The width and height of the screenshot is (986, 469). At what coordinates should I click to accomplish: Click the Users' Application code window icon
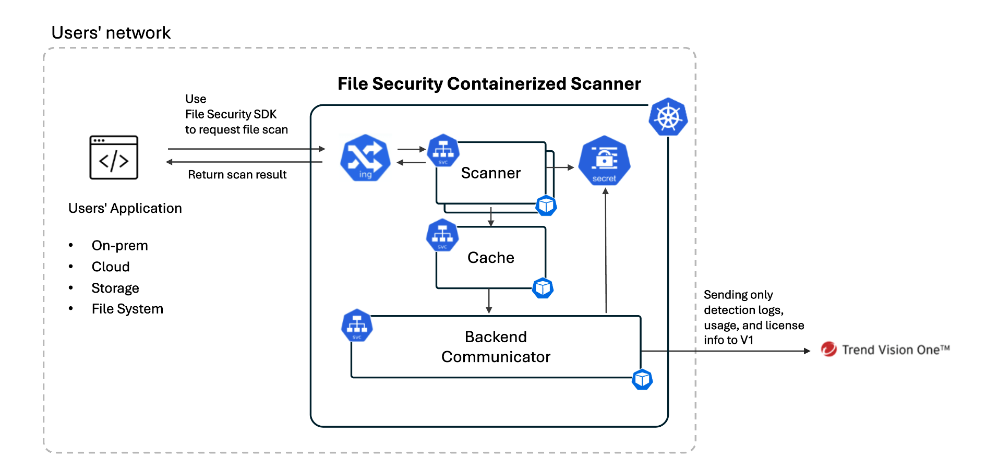(114, 158)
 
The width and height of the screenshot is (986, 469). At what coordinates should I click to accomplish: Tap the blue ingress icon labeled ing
(365, 158)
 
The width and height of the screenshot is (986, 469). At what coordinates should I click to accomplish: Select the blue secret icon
(604, 160)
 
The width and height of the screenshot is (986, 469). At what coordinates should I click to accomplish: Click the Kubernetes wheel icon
(668, 117)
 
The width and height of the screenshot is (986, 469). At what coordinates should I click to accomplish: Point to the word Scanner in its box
(490, 173)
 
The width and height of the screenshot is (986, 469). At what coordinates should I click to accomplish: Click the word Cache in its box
(490, 258)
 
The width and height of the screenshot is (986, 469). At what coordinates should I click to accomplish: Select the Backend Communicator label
(496, 347)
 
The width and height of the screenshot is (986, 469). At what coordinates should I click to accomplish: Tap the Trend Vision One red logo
(828, 349)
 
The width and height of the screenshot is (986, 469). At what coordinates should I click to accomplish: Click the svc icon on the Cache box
(442, 235)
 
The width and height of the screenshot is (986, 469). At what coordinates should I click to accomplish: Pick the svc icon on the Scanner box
(443, 150)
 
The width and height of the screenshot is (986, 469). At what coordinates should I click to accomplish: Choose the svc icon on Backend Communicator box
(357, 326)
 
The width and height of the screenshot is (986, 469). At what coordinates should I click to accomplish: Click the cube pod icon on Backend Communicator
(642, 379)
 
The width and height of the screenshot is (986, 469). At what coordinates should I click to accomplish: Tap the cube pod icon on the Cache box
(543, 288)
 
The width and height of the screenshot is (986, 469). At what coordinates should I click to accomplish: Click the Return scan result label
(237, 175)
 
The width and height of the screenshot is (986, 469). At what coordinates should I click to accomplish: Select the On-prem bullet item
(119, 246)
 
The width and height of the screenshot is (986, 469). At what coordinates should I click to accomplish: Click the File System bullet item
(127, 309)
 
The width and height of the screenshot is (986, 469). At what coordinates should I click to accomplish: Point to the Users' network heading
(111, 33)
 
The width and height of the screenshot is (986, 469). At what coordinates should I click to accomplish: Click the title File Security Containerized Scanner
(489, 84)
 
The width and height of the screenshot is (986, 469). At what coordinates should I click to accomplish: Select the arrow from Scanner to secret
(560, 167)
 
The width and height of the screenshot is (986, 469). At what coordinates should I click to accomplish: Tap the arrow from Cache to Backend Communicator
(489, 301)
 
